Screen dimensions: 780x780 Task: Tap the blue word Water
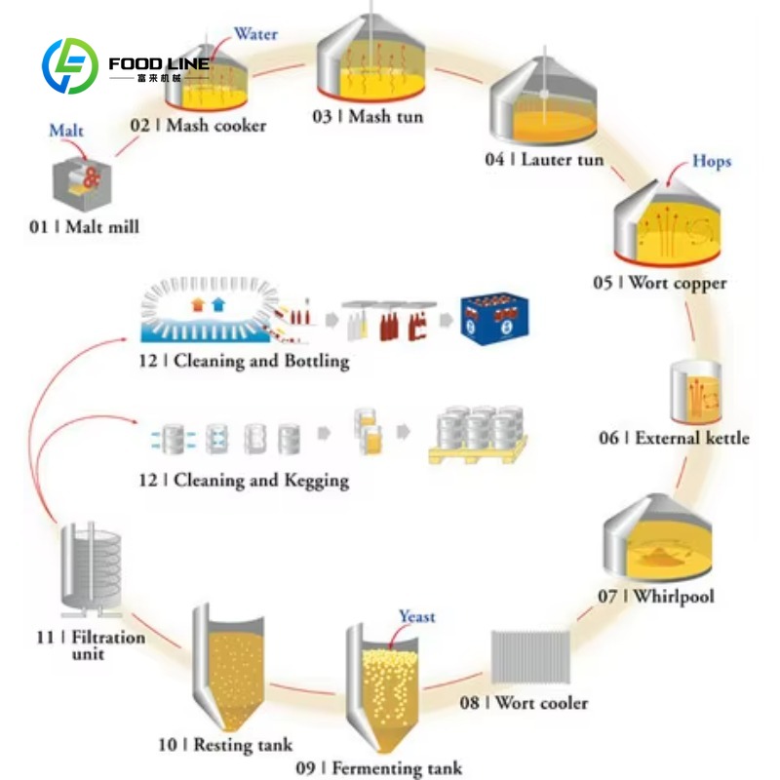point(255,34)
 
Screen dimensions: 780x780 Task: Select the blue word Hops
point(712,161)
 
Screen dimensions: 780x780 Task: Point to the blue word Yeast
point(417,617)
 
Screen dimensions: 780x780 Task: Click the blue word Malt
point(66,131)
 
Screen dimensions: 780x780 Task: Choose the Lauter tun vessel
point(543,99)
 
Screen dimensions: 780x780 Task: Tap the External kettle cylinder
point(695,392)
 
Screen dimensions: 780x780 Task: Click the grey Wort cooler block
point(530,657)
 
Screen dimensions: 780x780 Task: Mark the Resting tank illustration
point(228,668)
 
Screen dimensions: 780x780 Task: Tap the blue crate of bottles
point(494,319)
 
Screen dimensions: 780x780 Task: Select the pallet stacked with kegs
point(478,435)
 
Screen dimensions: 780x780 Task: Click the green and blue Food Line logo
point(70,65)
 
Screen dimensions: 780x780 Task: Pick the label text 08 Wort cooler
point(524,702)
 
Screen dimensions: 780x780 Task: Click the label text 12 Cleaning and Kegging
point(244,481)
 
